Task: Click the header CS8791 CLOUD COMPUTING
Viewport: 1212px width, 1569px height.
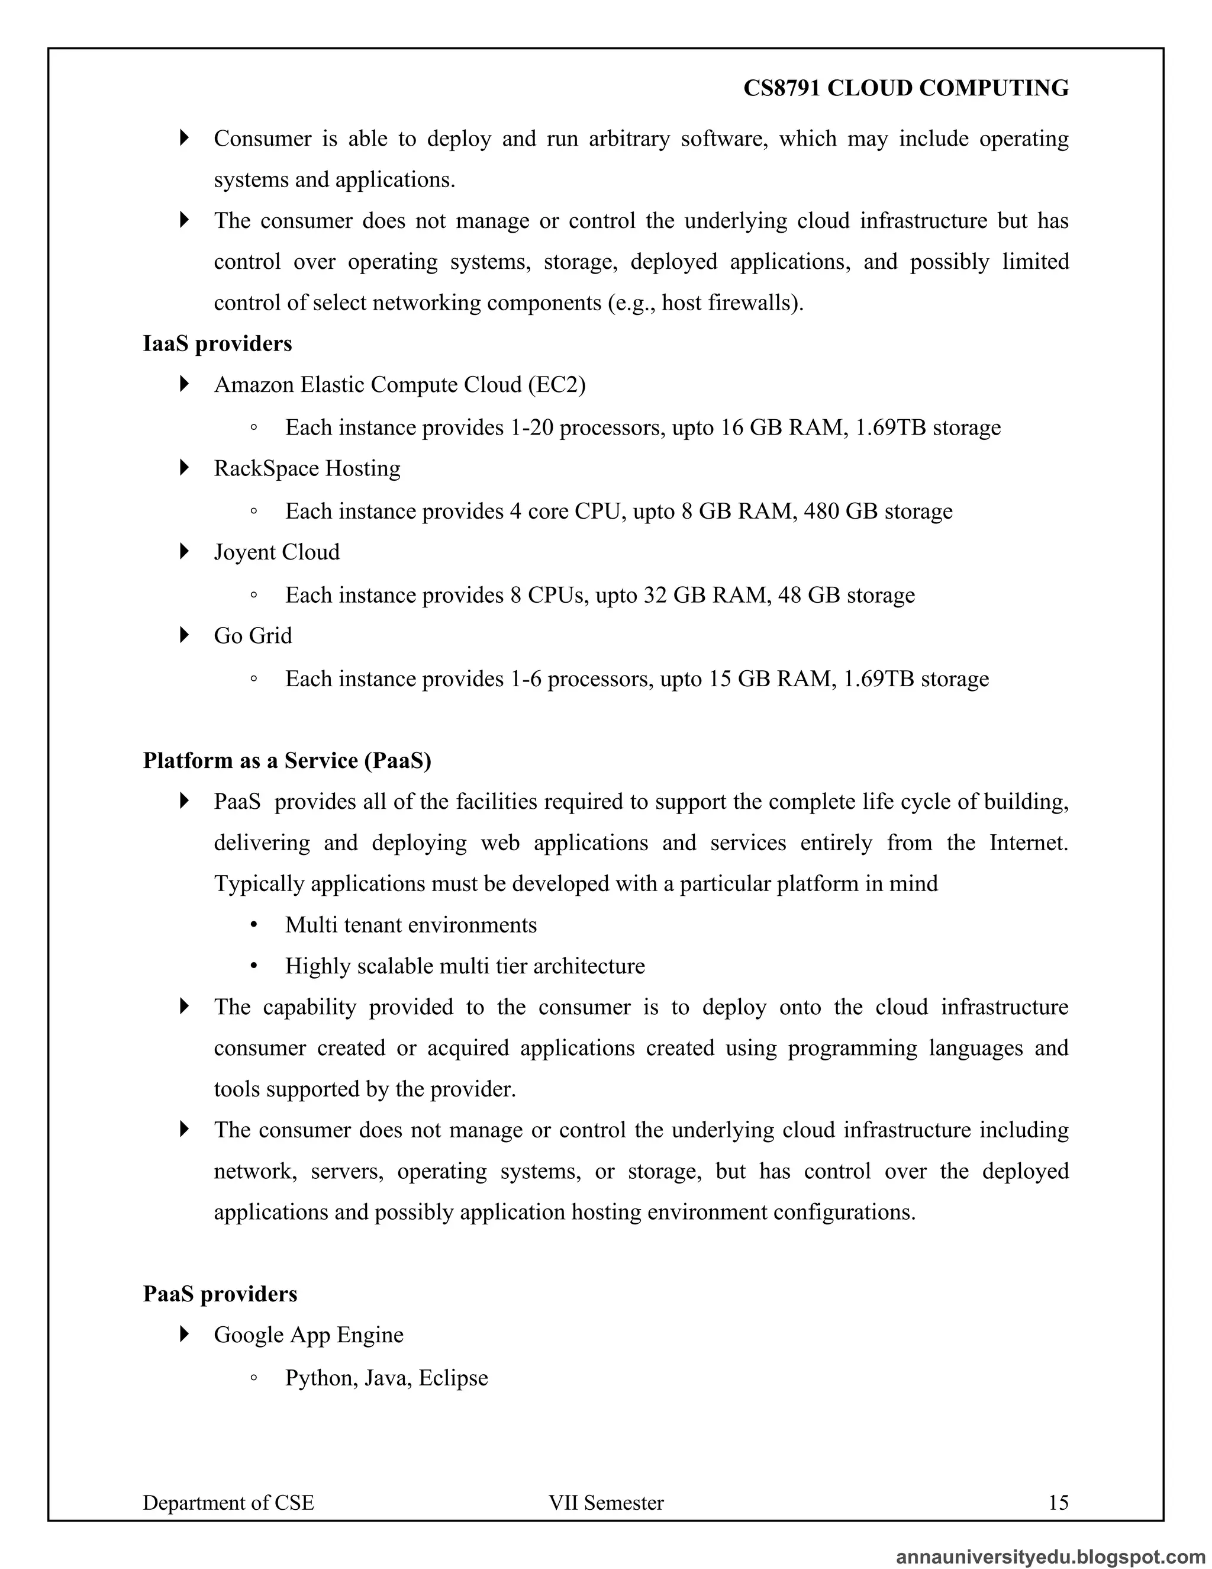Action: (905, 88)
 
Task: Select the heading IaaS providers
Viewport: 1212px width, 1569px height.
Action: (218, 343)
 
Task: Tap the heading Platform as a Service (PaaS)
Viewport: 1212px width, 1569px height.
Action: (287, 760)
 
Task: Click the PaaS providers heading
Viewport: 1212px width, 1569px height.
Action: (220, 1293)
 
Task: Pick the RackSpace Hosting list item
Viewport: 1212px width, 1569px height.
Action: (307, 468)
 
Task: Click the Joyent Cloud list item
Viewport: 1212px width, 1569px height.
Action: (276, 552)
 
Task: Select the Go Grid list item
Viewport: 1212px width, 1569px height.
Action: (253, 636)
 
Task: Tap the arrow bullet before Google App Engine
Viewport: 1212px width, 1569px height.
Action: (185, 1334)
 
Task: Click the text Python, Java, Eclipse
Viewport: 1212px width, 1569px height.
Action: (386, 1378)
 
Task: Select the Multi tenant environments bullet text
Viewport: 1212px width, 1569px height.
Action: (411, 925)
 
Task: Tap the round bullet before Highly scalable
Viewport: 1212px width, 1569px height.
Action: (253, 966)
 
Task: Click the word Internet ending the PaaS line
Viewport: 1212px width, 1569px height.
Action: (1027, 842)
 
